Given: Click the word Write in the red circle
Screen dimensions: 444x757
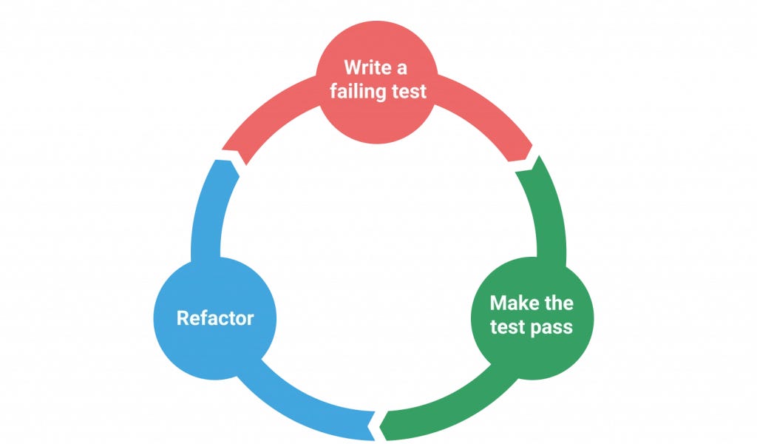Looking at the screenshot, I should point(367,68).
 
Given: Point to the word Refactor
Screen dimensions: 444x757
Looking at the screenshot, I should point(215,318).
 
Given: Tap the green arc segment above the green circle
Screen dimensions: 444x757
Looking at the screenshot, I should point(553,215).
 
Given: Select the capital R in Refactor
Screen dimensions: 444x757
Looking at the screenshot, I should point(183,318).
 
